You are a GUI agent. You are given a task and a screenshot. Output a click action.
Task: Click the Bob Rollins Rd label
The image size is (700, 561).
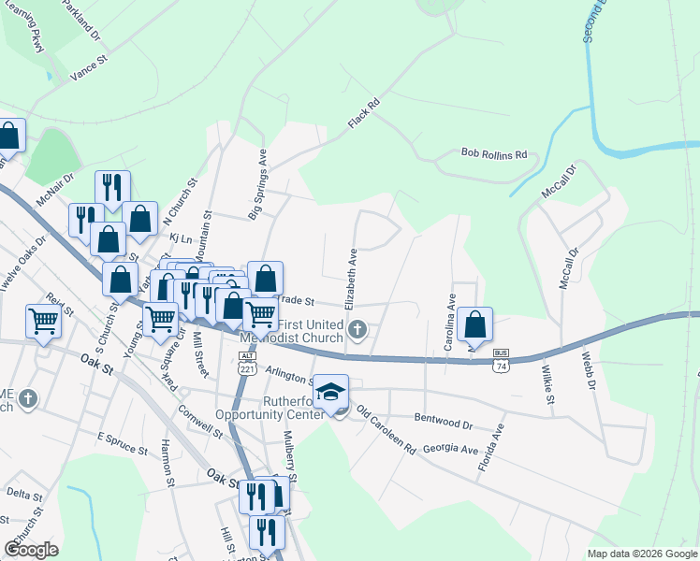(x=494, y=153)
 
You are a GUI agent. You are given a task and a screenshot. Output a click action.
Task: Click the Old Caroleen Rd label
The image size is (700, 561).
(x=385, y=430)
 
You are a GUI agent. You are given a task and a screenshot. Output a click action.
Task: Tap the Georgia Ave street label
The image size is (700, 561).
(x=450, y=449)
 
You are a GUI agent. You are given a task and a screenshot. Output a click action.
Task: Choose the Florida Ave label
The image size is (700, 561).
(x=491, y=447)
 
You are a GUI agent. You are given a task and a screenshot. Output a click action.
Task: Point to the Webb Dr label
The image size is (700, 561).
(x=587, y=369)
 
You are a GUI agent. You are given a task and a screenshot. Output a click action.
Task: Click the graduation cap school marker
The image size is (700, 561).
(x=330, y=392)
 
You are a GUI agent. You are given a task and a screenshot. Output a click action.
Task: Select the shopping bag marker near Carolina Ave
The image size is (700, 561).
(x=475, y=325)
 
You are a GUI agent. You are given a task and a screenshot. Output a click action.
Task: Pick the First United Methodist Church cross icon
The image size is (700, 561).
(x=357, y=329)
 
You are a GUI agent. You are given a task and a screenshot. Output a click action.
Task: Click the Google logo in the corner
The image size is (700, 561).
(x=32, y=550)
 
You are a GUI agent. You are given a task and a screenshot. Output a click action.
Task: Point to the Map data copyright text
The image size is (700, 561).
(x=642, y=554)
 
